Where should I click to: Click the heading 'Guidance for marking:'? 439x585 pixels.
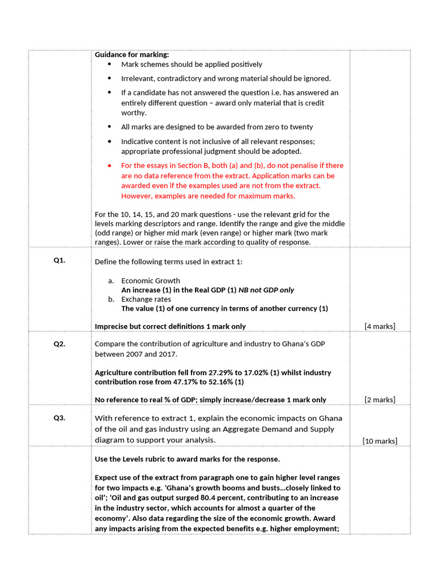(x=131, y=55)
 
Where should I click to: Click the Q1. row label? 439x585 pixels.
(x=59, y=261)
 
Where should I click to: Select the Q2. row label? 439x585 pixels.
(x=59, y=344)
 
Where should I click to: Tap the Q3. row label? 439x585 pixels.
(x=59, y=418)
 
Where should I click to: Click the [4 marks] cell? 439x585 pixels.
(x=380, y=326)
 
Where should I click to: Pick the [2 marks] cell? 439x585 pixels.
(x=380, y=399)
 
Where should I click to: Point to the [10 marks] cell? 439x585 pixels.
(x=380, y=440)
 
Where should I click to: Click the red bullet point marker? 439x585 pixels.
(x=109, y=165)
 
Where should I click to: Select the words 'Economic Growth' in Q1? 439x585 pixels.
(x=150, y=281)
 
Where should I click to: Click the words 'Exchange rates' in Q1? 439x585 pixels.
(x=146, y=299)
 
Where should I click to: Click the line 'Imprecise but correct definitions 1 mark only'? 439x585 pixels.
(x=170, y=326)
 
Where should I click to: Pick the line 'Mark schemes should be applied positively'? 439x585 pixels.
(x=191, y=65)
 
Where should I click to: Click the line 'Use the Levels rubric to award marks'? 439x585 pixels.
(x=187, y=459)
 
